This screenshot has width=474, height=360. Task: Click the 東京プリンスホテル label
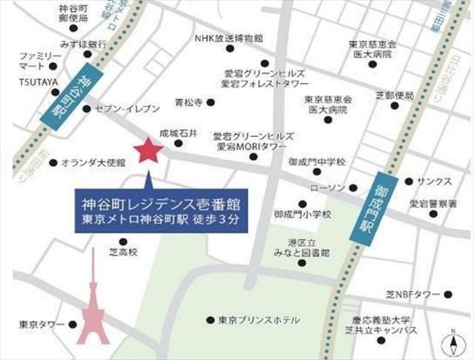pos(259,321)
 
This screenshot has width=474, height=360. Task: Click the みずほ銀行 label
pos(84,43)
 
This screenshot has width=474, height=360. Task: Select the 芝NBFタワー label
pos(421,294)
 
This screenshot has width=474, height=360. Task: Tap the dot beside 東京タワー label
pos(72,324)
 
